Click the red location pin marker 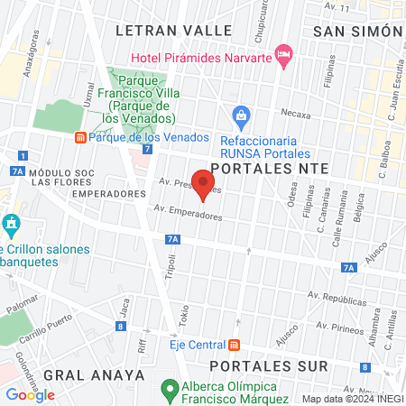(204, 183)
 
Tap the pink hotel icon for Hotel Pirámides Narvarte (283, 57)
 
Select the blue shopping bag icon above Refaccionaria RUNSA (241, 115)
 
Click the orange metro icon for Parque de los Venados (80, 138)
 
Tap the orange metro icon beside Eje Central (235, 345)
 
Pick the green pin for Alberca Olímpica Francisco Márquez (167, 390)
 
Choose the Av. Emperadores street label (188, 213)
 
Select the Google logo (31, 394)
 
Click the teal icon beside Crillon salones (11, 223)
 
